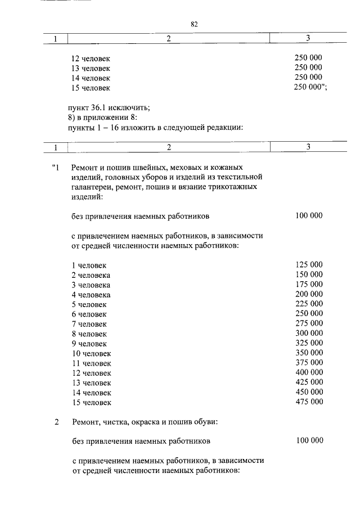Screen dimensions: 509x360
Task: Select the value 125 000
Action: point(309,265)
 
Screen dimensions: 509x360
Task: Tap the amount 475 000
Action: point(309,402)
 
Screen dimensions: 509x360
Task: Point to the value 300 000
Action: point(309,334)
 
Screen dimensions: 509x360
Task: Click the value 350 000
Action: point(309,353)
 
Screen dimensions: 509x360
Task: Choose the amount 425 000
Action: point(309,382)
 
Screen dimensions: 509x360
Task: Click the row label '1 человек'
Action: point(89,265)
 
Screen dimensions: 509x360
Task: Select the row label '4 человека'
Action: point(91,295)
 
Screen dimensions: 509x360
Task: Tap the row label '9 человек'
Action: point(89,344)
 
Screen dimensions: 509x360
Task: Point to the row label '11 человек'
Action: point(91,363)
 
